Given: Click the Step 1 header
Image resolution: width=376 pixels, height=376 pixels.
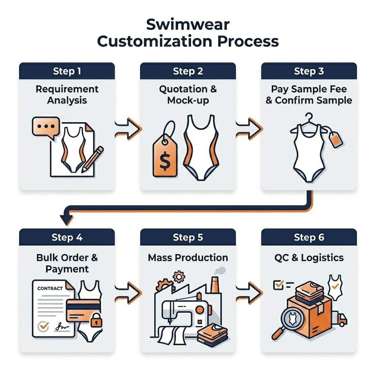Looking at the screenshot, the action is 67,71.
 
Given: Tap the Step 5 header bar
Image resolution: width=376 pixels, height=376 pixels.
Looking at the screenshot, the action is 188,237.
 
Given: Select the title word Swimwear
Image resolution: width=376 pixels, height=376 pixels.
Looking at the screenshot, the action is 188,24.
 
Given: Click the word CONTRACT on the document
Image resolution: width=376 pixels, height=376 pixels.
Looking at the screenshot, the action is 50,288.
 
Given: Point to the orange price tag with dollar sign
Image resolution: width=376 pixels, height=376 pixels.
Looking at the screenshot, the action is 165,151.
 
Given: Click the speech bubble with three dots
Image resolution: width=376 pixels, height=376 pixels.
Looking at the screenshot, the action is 46,127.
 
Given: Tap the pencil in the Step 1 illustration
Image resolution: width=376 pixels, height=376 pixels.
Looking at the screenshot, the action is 92,159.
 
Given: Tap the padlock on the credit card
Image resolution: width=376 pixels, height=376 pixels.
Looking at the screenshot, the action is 96,320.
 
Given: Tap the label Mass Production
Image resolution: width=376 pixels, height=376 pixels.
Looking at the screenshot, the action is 188,258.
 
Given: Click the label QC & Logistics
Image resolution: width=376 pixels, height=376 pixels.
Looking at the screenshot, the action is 309,258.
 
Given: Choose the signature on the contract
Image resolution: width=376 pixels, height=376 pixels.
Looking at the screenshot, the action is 62,327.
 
